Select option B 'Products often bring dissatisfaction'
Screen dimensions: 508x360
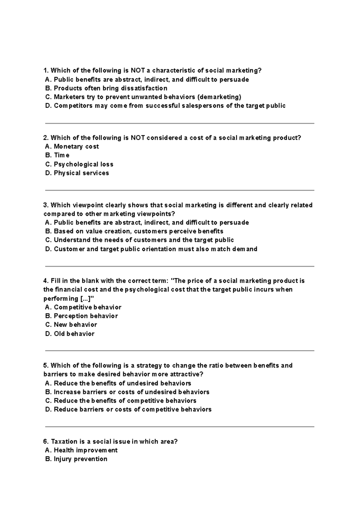[110, 88]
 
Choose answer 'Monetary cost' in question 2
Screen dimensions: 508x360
[76, 147]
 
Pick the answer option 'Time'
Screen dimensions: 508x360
[61, 155]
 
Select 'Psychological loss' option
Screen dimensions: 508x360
[83, 164]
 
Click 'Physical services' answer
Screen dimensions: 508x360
[81, 173]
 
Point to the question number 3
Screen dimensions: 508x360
[46, 205]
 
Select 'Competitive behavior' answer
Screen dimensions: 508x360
[87, 307]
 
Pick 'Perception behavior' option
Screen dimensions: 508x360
[85, 316]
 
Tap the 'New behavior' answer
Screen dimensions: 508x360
[75, 325]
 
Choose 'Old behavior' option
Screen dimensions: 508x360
[74, 334]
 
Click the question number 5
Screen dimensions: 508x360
[46, 366]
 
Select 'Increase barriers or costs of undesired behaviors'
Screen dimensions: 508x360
[131, 392]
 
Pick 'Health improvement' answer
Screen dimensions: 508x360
[85, 450]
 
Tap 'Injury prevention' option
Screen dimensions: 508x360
[80, 459]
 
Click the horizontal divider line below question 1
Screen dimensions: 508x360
[179, 123]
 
